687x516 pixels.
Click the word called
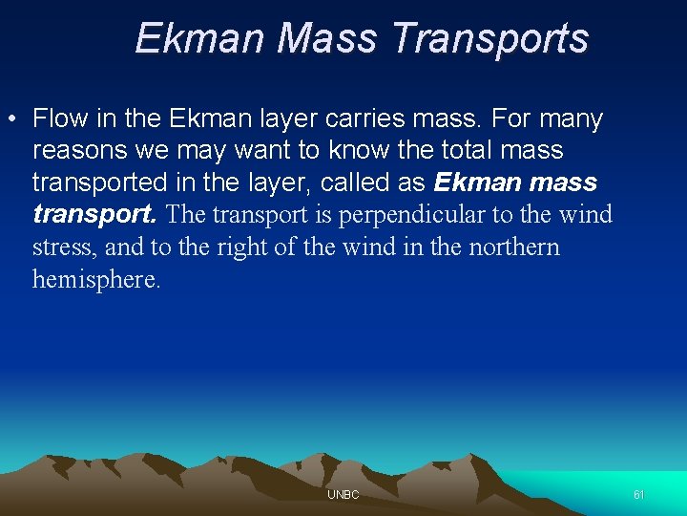click(x=354, y=183)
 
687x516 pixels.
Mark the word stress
click(x=64, y=247)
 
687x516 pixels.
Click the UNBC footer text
click(x=343, y=495)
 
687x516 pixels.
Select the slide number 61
click(x=638, y=495)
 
